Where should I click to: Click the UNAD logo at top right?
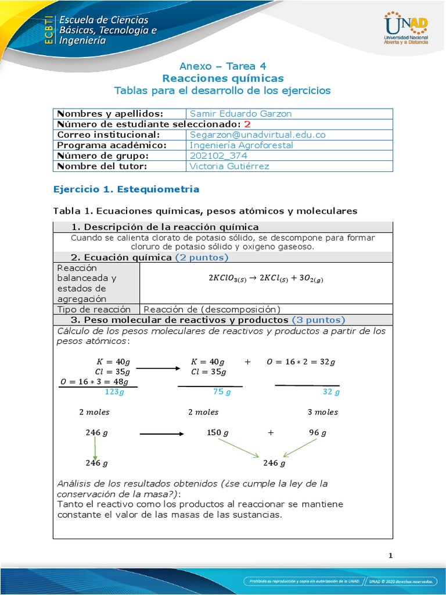406,29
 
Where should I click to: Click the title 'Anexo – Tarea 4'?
222,66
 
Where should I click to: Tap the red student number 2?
247,124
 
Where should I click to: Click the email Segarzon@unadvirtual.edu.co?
257,134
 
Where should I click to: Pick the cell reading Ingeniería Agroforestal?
242,145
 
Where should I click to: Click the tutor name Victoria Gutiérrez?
229,166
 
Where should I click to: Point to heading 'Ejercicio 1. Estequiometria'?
126,189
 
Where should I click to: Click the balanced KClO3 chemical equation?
265,278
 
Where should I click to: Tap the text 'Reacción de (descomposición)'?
212,309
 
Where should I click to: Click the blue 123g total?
114,392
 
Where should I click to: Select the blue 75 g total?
222,392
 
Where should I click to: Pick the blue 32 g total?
330,392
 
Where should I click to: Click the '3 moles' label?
322,412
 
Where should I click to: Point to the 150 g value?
218,433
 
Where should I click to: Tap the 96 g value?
317,433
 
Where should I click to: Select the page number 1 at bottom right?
391,555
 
